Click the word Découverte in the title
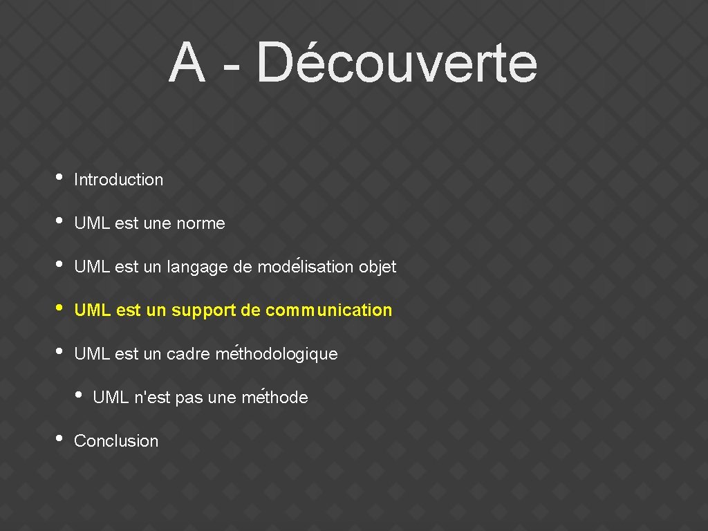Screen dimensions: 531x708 tap(396, 63)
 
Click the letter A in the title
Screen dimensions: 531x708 tap(187, 63)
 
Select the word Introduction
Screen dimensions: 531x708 tap(118, 180)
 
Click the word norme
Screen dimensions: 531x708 tap(201, 223)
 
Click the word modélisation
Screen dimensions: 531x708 tap(306, 266)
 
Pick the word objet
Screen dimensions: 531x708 tap(378, 267)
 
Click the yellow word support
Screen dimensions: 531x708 tap(204, 311)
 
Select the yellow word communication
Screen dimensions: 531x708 tap(328, 310)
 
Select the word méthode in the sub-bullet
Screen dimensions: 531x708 tap(274, 398)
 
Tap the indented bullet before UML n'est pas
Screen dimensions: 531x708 tap(79, 395)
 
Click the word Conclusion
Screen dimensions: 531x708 tap(116, 441)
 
